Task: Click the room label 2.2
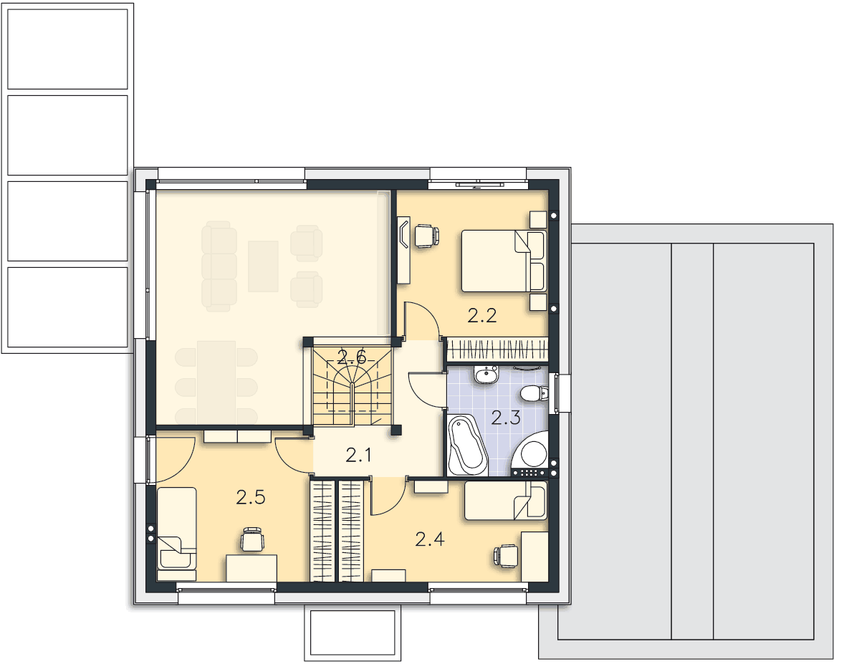tap(481, 315)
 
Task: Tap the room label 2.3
tap(506, 418)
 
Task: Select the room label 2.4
tap(430, 539)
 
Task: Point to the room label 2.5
tap(251, 497)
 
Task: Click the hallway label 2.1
tap(358, 456)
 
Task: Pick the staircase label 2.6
tap(352, 356)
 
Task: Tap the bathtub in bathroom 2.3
tap(467, 446)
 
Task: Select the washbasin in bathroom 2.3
tap(486, 374)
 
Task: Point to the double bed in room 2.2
tap(503, 261)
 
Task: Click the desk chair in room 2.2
tap(426, 236)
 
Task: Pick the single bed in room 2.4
tap(505, 501)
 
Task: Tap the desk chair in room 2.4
tap(505, 556)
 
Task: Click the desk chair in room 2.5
tap(252, 539)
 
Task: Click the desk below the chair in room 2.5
tap(251, 568)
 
